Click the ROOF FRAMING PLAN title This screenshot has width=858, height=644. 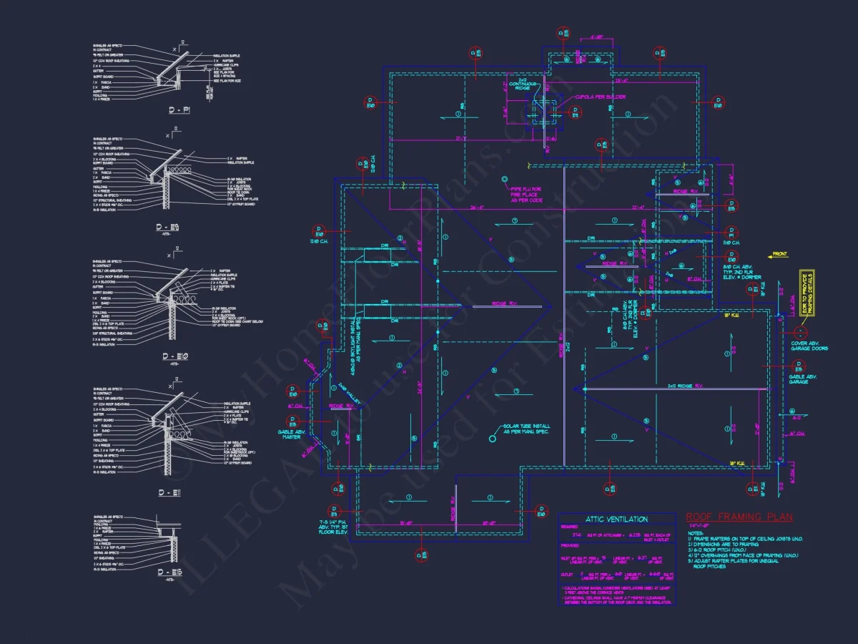point(739,517)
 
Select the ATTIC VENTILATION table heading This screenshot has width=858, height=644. point(616,519)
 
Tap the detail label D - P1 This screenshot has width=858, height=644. point(179,111)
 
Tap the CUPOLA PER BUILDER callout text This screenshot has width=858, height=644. point(600,97)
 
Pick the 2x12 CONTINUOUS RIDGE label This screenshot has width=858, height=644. point(523,84)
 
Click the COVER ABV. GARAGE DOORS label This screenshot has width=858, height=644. point(809,346)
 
